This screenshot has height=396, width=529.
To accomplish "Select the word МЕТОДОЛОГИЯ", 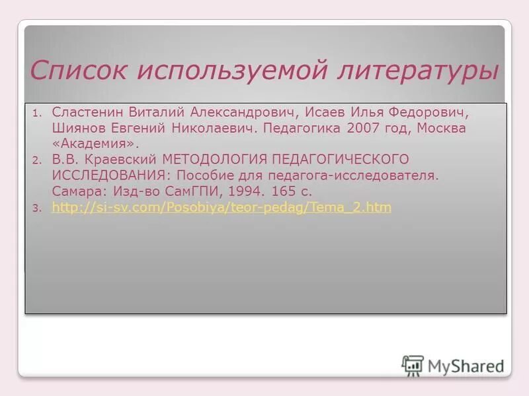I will pos(219,160).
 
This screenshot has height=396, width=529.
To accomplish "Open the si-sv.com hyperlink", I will pos(221,207).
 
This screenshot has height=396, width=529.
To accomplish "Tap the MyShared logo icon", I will pos(413,365).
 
